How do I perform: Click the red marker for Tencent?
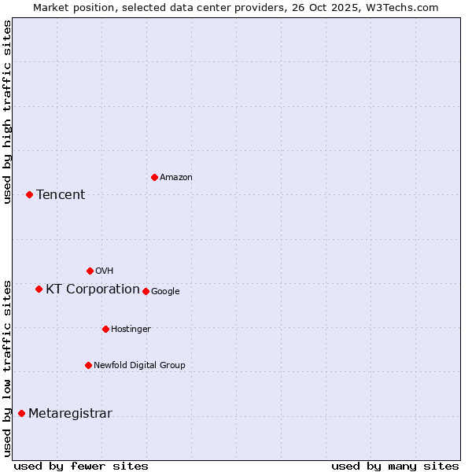[x=29, y=194]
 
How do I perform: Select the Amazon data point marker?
[x=154, y=177]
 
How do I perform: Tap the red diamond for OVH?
[x=90, y=271]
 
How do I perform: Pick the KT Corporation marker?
[x=39, y=289]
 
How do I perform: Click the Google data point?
[x=146, y=291]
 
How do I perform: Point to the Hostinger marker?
[x=105, y=329]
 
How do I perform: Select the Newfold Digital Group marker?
[x=88, y=365]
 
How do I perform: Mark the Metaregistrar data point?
[x=21, y=413]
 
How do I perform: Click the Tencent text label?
[x=61, y=195]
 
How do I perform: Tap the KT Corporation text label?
[x=93, y=289]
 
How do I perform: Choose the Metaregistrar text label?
[x=70, y=414]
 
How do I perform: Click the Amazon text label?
[x=176, y=178]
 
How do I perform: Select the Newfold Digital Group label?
[x=139, y=365]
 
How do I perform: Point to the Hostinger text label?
[x=131, y=329]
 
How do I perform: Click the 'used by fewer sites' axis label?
[x=81, y=466]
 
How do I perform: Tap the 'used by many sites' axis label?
[x=395, y=466]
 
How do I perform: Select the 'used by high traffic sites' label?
[x=8, y=112]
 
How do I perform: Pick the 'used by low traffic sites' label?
[x=8, y=368]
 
